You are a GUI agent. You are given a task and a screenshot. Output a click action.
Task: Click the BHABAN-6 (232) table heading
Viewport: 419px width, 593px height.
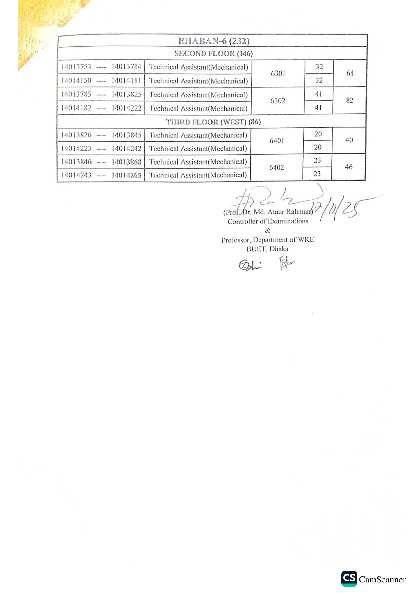pos(214,41)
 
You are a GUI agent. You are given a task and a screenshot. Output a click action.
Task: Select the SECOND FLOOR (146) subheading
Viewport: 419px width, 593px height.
pos(213,53)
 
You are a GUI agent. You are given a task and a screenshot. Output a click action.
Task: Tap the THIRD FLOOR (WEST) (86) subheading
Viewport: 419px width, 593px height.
pos(213,122)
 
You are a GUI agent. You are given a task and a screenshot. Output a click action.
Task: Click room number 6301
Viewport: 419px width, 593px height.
pos(278,74)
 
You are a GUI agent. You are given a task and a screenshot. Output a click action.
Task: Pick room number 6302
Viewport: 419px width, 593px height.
pos(278,101)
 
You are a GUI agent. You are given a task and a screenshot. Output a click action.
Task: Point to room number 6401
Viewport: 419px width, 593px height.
pos(277,141)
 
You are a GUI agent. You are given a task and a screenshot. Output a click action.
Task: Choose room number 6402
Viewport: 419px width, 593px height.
pos(277,168)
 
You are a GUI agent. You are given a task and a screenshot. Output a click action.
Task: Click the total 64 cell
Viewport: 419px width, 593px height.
pos(350,73)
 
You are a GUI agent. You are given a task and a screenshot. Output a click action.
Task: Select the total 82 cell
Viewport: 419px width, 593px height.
pos(350,100)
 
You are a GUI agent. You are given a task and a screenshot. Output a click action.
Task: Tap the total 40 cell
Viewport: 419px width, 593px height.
pos(349,140)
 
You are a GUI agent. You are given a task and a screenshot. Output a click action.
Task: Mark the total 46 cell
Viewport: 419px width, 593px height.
pos(349,167)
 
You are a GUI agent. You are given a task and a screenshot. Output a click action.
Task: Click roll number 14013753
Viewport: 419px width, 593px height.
pos(76,67)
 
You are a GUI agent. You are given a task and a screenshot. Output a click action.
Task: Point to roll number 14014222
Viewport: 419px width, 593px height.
pos(126,108)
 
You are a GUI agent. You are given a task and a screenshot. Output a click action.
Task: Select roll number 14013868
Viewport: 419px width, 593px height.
pos(126,162)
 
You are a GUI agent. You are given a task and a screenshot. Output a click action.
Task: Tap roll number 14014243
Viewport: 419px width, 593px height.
pos(76,175)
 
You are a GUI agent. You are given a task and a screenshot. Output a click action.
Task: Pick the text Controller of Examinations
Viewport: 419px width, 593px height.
pos(268,221)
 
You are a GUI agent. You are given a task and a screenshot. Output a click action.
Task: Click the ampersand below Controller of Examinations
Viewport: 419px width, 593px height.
pos(268,230)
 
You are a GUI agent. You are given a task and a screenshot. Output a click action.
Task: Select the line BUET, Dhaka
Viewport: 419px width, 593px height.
pos(267,249)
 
